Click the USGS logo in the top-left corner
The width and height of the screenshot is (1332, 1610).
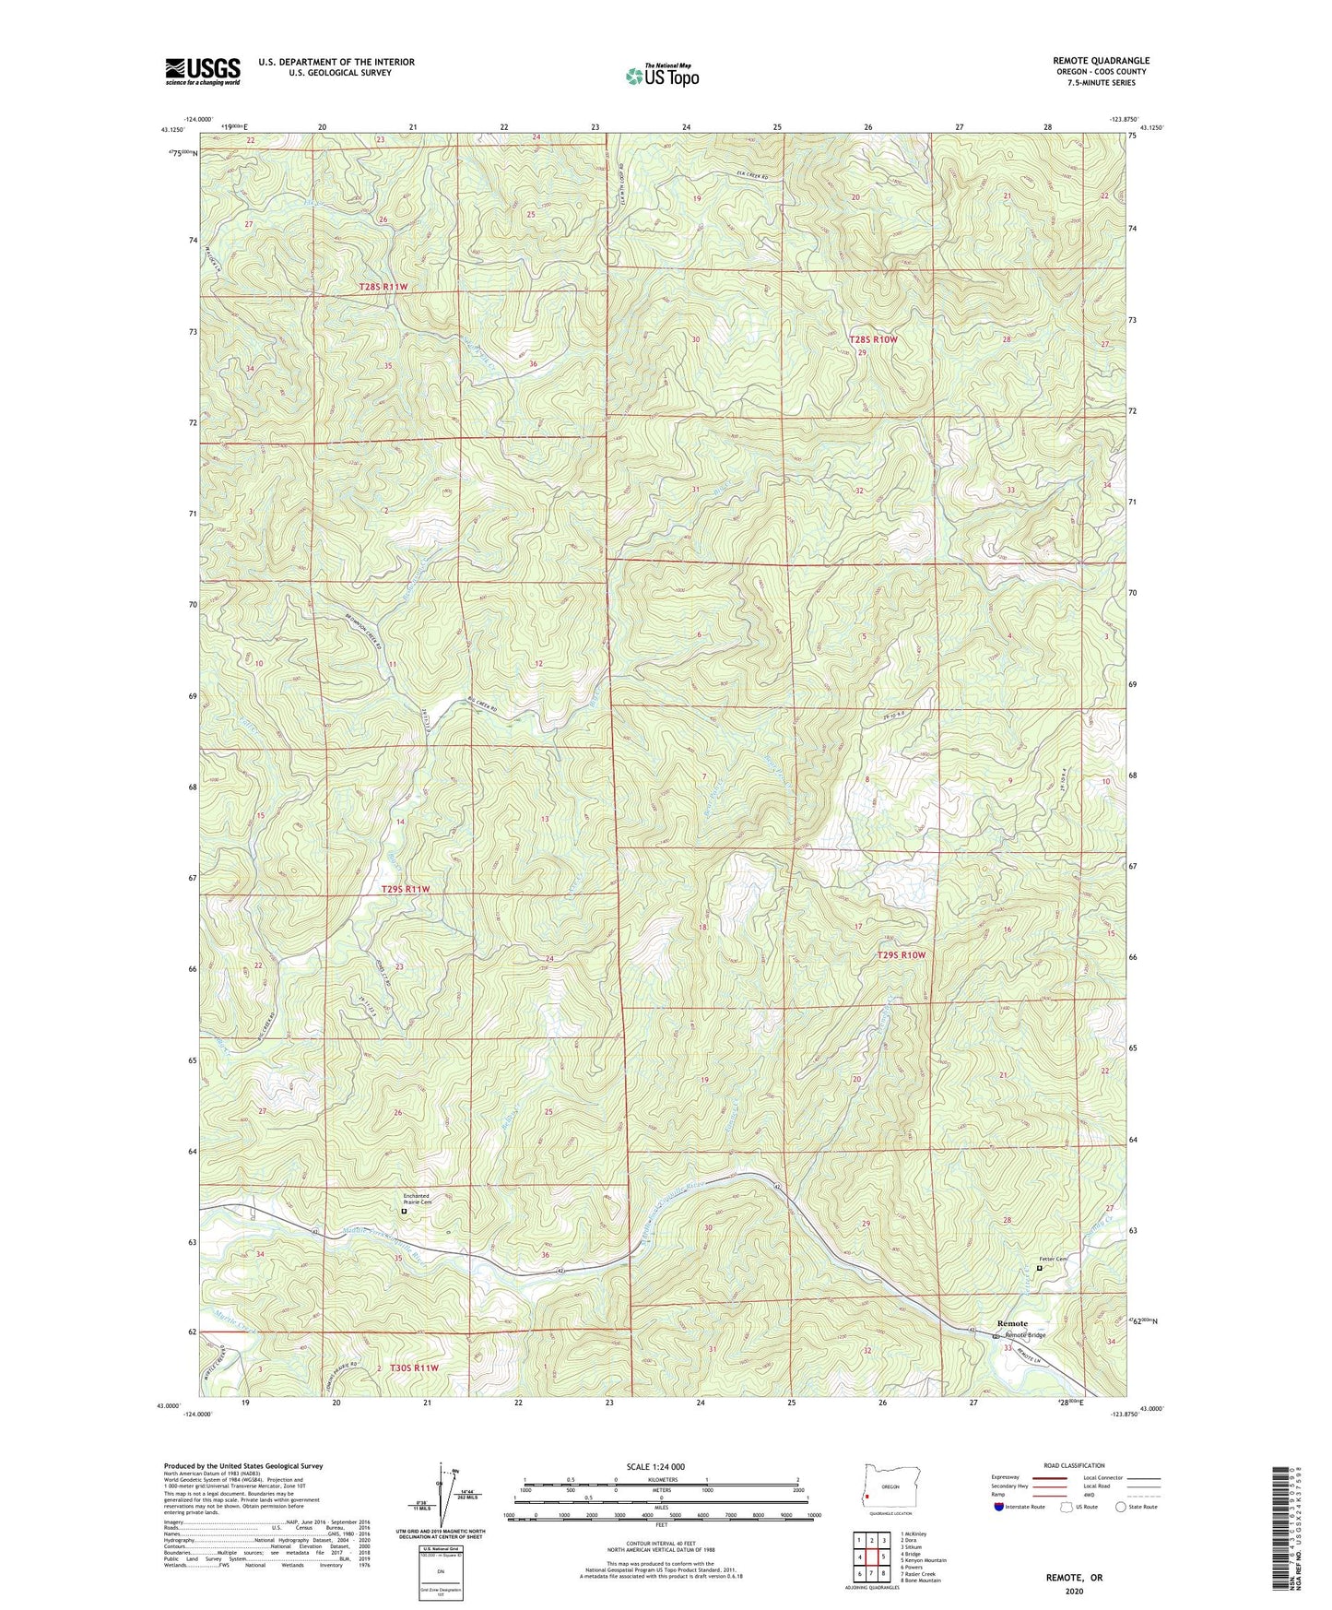tap(203, 70)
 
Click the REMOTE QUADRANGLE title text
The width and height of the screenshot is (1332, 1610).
tap(1101, 61)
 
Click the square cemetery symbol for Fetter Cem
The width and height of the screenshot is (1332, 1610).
tap(1040, 1268)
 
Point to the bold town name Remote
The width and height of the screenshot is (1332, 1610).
tap(1012, 1324)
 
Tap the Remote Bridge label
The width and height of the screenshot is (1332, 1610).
tap(1025, 1335)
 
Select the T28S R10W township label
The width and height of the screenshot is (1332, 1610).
tap(872, 339)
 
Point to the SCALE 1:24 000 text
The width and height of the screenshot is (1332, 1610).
tap(655, 1466)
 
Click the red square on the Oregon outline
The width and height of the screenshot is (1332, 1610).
tap(867, 1497)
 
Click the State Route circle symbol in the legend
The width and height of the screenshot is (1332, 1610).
tap(1120, 1507)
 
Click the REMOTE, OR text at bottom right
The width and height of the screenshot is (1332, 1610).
tap(1074, 1578)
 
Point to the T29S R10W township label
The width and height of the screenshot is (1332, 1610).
tap(901, 955)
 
